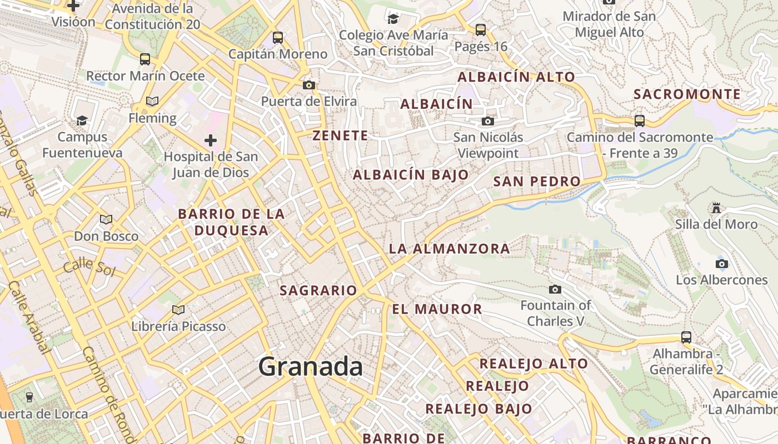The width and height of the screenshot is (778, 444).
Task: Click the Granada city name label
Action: pyautogui.click(x=311, y=367)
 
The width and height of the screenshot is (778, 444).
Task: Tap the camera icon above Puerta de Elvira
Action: pyautogui.click(x=309, y=85)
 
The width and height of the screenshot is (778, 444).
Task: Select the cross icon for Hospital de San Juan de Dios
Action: pyautogui.click(x=211, y=140)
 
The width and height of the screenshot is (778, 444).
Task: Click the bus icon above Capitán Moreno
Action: pyautogui.click(x=278, y=38)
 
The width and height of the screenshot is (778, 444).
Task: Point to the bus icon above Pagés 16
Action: pyautogui.click(x=481, y=29)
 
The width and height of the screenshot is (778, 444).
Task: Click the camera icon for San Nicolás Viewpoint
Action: pyautogui.click(x=488, y=121)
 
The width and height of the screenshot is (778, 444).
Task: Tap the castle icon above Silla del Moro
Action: pyautogui.click(x=716, y=208)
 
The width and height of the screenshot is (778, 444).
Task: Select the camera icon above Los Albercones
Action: pyautogui.click(x=722, y=264)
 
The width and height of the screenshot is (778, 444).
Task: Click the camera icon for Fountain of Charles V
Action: pyautogui.click(x=555, y=289)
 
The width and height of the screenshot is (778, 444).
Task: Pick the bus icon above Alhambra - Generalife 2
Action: pyautogui.click(x=686, y=337)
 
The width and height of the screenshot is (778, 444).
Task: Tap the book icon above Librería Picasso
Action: pyautogui.click(x=178, y=310)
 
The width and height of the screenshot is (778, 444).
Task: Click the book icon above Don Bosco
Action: pyautogui.click(x=106, y=220)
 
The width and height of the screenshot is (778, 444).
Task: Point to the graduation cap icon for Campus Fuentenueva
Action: pyautogui.click(x=82, y=120)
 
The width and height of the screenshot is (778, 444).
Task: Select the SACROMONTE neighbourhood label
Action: pyautogui.click(x=687, y=94)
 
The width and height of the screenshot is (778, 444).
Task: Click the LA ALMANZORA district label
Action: pyautogui.click(x=449, y=249)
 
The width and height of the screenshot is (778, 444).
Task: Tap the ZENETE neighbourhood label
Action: pyautogui.click(x=340, y=135)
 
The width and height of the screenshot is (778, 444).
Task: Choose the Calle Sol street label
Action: pyautogui.click(x=89, y=268)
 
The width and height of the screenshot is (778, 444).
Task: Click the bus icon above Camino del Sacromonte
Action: pyautogui.click(x=640, y=120)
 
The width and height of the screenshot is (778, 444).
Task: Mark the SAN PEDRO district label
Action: pyautogui.click(x=537, y=181)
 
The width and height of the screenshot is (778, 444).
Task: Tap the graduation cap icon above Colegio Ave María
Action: pyautogui.click(x=393, y=19)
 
